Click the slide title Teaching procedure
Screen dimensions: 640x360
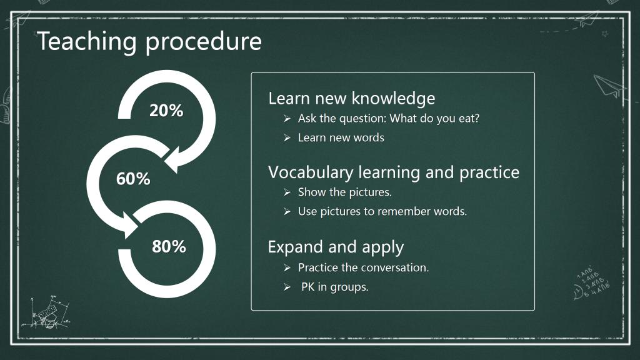click(149, 42)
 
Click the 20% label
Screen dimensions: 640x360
click(166, 111)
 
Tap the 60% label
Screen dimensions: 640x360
click(133, 179)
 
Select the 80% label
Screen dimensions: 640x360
click(169, 246)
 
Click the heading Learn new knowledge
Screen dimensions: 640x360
click(352, 98)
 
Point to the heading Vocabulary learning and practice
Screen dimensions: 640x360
click(394, 172)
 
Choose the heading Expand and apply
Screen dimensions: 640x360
click(336, 247)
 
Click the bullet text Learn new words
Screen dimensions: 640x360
click(341, 137)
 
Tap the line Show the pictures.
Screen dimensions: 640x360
click(344, 192)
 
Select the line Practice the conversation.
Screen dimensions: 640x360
click(363, 267)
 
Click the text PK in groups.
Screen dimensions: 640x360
click(335, 287)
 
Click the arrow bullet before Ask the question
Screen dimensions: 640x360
click(287, 119)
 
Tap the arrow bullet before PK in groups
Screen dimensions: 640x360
click(287, 287)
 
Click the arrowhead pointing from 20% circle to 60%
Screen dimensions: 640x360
click(174, 161)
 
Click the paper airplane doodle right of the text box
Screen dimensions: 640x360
click(609, 86)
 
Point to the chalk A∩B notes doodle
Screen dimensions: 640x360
click(591, 283)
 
